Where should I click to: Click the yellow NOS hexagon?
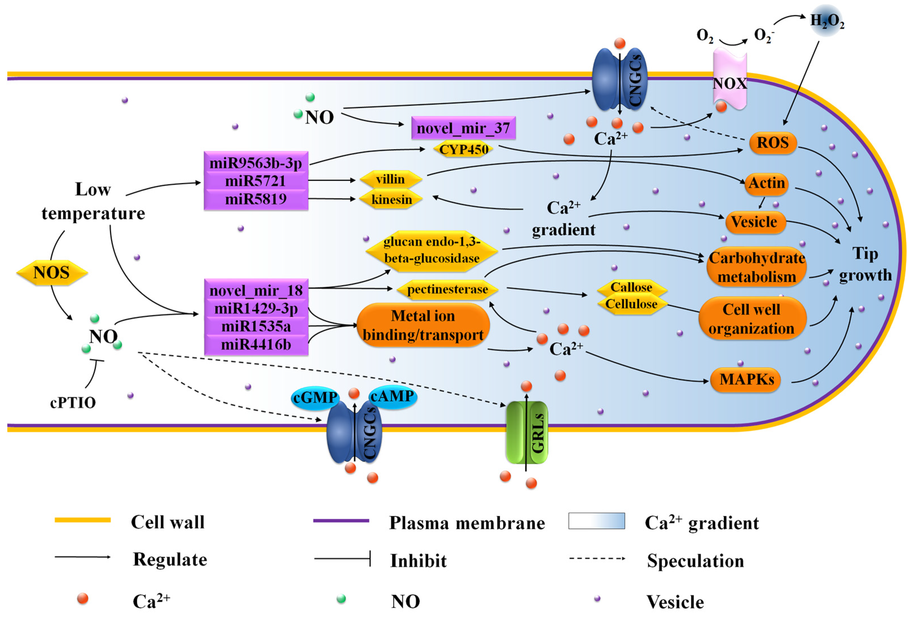click(x=52, y=273)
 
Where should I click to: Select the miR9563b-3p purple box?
click(x=256, y=162)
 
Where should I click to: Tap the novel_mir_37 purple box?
click(x=463, y=128)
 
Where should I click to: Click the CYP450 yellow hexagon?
click(x=463, y=149)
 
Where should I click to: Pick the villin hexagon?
click(x=390, y=179)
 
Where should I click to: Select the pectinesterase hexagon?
click(x=447, y=289)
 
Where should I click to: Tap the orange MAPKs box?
click(x=746, y=379)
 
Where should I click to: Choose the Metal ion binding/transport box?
click(x=423, y=325)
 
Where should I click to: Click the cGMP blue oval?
click(x=315, y=398)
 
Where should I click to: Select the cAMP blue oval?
click(x=392, y=396)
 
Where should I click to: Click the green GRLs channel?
click(x=526, y=432)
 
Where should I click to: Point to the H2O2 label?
click(x=827, y=21)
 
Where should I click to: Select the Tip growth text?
click(x=865, y=265)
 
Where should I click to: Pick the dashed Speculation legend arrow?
click(x=597, y=558)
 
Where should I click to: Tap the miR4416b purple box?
click(x=256, y=344)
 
